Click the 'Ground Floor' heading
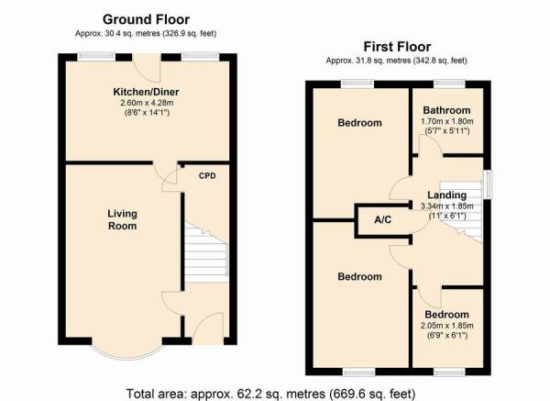click(146, 19)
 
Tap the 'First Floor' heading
click(397, 47)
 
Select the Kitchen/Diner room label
click(146, 92)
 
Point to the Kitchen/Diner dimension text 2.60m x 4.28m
click(147, 103)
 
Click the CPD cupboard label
click(207, 176)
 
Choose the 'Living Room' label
click(122, 219)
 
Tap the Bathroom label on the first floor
click(446, 110)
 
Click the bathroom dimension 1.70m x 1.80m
click(447, 121)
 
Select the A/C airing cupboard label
click(382, 220)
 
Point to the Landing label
click(447, 195)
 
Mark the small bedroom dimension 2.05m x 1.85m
click(447, 326)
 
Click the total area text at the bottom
click(270, 394)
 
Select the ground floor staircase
click(206, 251)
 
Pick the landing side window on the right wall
click(488, 184)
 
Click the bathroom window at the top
click(449, 84)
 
